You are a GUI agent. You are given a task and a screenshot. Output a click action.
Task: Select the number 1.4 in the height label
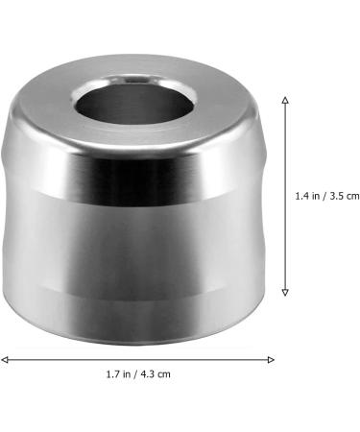pyautogui.click(x=303, y=196)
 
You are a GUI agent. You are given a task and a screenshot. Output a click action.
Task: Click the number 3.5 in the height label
pyautogui.click(x=337, y=196)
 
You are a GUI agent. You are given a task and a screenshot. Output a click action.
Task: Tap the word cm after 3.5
pyautogui.click(x=352, y=196)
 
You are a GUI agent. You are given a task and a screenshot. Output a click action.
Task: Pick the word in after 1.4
pyautogui.click(x=318, y=196)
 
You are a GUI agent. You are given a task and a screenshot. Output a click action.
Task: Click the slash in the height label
pyautogui.click(x=326, y=196)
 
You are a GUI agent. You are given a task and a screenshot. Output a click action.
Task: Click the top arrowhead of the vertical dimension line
pyautogui.click(x=284, y=96)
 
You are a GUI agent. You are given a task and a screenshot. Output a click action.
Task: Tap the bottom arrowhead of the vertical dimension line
pyautogui.click(x=284, y=294)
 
